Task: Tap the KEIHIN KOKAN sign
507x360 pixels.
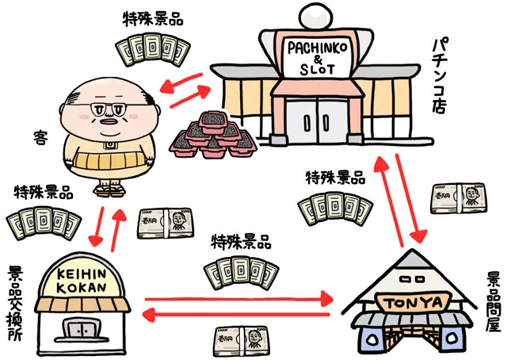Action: [82, 281]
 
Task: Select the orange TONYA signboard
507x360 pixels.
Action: [414, 302]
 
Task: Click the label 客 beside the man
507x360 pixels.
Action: [41, 138]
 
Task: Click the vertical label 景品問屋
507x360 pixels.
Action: [493, 302]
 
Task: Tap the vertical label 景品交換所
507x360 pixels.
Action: [15, 304]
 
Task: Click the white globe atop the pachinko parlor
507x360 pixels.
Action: [316, 17]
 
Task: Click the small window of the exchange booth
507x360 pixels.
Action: [82, 328]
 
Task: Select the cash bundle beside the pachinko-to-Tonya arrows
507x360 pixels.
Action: [458, 197]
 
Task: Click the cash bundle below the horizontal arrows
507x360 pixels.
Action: [242, 342]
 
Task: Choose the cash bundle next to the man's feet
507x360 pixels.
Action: [166, 224]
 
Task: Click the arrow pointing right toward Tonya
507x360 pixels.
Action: [239, 298]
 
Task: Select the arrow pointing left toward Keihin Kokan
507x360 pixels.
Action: [236, 315]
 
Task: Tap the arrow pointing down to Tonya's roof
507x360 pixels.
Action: [410, 199]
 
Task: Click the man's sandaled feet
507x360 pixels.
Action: [109, 190]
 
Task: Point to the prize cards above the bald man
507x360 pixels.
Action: [153, 49]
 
